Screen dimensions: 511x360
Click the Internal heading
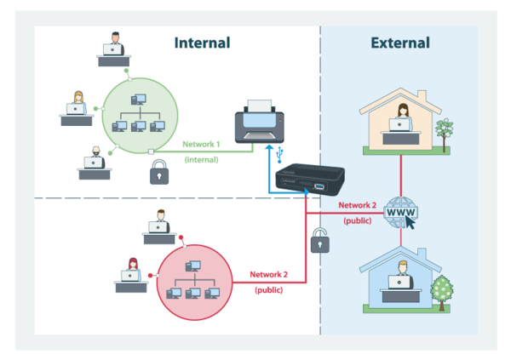tap(202, 43)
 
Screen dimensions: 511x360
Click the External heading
tap(400, 43)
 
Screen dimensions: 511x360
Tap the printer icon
tap(260, 122)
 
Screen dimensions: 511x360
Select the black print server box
tap(310, 180)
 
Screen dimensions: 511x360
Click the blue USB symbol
tap(279, 156)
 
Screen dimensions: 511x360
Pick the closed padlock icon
tap(159, 172)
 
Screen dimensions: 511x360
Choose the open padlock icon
tap(320, 241)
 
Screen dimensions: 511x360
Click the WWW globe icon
tap(400, 213)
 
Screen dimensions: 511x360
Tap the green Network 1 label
tap(201, 144)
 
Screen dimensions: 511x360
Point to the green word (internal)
tap(201, 160)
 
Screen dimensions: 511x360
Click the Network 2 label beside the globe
tap(357, 205)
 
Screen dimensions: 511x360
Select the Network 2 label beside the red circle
tap(268, 275)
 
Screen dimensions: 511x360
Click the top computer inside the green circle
tap(139, 100)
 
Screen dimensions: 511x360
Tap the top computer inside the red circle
tap(193, 266)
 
